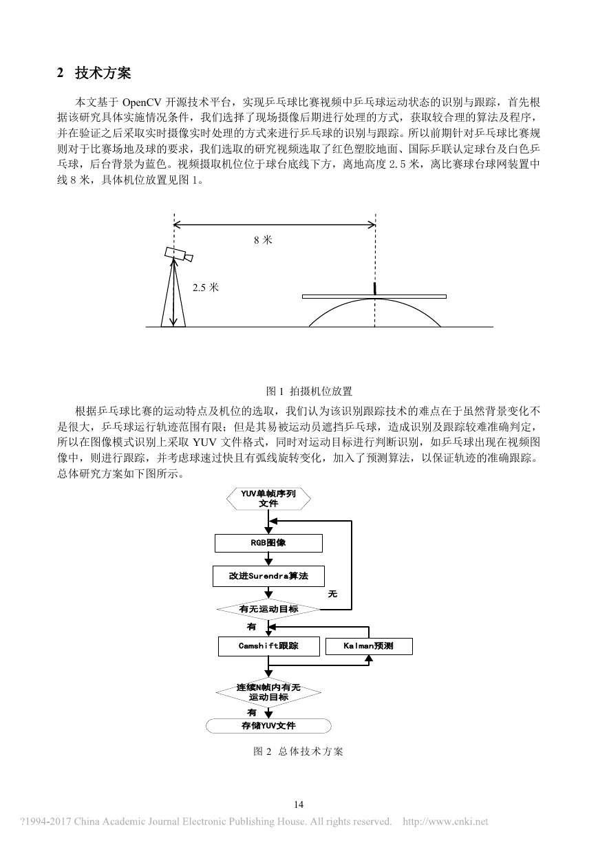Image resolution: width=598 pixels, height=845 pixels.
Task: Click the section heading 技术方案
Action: (x=103, y=73)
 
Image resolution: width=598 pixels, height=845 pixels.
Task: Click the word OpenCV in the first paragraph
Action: (x=142, y=103)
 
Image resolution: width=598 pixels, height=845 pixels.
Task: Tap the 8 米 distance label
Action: (x=263, y=240)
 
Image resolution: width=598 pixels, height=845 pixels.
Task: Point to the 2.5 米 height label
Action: (x=206, y=288)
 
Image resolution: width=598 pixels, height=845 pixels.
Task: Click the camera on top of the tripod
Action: (x=179, y=254)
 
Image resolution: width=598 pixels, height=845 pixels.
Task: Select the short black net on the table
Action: (x=374, y=288)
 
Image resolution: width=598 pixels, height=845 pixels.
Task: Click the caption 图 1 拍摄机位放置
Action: (x=309, y=391)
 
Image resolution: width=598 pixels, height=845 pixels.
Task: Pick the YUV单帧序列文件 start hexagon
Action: (x=268, y=499)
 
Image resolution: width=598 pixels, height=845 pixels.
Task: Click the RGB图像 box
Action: (x=268, y=543)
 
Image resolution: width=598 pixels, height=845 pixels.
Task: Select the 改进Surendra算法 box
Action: (x=268, y=576)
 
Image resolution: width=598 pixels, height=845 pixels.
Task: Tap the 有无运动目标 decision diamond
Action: (x=268, y=609)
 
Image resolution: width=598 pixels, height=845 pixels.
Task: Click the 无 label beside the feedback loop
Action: (x=332, y=594)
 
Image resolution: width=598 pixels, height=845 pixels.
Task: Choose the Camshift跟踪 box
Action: (x=268, y=646)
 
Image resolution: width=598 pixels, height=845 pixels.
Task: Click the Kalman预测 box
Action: (x=369, y=646)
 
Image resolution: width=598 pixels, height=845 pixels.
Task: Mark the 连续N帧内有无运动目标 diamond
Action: (x=268, y=692)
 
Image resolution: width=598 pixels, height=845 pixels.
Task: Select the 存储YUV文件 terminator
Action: (x=268, y=725)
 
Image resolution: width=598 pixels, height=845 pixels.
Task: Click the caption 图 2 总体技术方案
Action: (x=299, y=751)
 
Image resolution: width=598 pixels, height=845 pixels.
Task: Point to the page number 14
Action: (x=299, y=804)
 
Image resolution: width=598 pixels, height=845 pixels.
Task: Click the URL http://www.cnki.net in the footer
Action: (x=446, y=821)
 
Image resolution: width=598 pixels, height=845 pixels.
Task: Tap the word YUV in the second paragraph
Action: (x=205, y=442)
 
